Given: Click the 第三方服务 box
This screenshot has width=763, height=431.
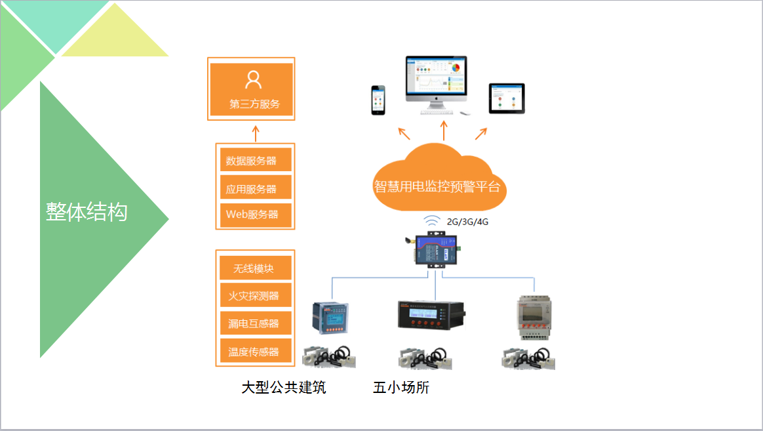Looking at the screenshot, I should click(x=252, y=89).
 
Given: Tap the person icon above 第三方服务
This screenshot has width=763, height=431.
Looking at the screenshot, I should click(x=253, y=79).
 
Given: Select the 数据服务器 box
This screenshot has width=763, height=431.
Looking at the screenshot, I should click(x=256, y=160).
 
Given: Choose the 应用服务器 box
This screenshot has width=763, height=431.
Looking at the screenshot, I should click(x=256, y=188).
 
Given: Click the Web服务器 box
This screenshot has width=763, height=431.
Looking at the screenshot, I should click(x=256, y=215).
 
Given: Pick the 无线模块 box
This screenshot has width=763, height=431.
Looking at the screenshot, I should click(x=256, y=268).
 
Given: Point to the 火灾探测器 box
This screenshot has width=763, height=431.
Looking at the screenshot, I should click(x=256, y=296).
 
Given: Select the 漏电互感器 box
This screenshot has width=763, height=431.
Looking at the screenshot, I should click(x=256, y=323).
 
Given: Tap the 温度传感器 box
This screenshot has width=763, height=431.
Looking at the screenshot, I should click(x=256, y=352).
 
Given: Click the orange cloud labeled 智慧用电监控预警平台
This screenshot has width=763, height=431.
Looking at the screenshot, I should click(x=437, y=180).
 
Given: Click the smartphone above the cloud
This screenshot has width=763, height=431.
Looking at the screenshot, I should click(x=378, y=100).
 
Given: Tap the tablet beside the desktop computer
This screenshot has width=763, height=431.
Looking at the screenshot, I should click(x=507, y=98).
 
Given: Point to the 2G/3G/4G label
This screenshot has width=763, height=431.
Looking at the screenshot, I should click(x=467, y=222).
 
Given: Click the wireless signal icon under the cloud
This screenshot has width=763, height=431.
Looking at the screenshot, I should click(x=431, y=221).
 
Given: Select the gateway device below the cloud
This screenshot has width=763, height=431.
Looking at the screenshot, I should click(x=435, y=249).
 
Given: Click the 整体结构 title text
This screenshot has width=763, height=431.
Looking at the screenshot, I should click(x=87, y=211).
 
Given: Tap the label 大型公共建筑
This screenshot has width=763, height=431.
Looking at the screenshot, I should click(x=283, y=388).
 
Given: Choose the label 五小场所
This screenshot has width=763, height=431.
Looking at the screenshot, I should click(x=401, y=388).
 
